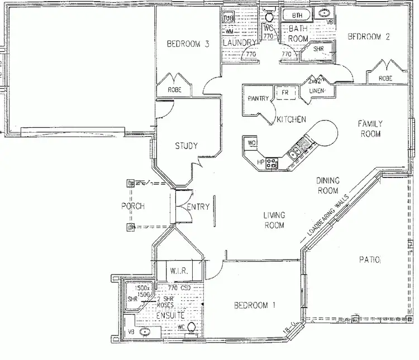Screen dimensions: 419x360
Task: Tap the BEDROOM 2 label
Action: [368, 37]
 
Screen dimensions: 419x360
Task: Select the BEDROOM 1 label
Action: [255, 305]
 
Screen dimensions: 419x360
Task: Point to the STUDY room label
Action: [186, 146]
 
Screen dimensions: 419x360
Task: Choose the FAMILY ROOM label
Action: [369, 129]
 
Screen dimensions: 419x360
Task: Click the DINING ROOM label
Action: [331, 185]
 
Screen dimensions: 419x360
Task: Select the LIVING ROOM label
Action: [274, 220]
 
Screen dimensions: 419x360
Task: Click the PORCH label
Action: [133, 206]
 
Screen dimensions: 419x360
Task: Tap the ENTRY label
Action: [198, 207]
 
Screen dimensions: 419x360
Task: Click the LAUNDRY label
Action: [239, 42]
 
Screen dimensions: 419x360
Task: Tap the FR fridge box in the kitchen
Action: [285, 92]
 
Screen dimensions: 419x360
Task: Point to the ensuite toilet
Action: [191, 328]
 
